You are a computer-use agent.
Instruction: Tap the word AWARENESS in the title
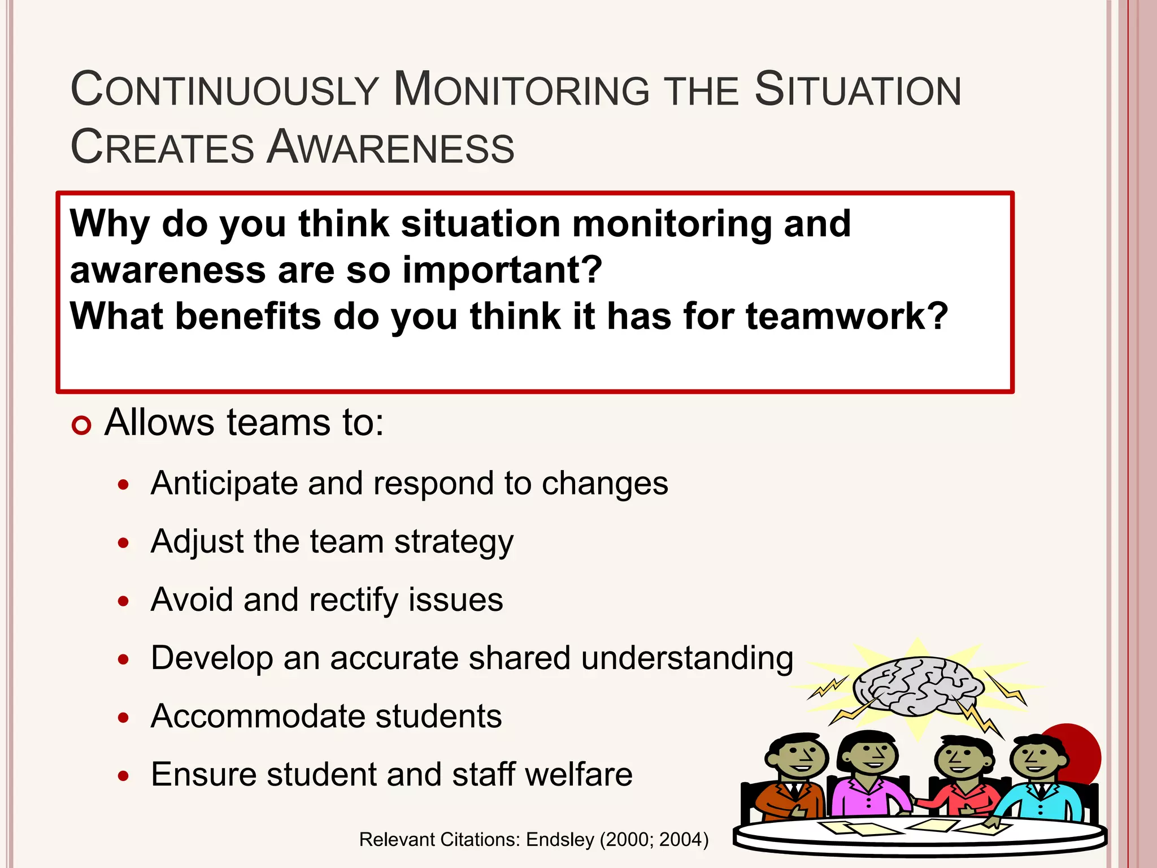click(x=391, y=147)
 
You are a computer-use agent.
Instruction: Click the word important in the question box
click(x=502, y=270)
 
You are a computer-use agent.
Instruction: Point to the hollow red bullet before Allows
click(x=81, y=426)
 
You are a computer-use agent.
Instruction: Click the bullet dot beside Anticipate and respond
click(x=124, y=485)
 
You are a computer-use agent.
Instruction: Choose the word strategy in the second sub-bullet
click(x=454, y=542)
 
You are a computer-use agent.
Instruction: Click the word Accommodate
click(x=258, y=717)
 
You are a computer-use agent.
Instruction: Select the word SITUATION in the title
click(x=858, y=90)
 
